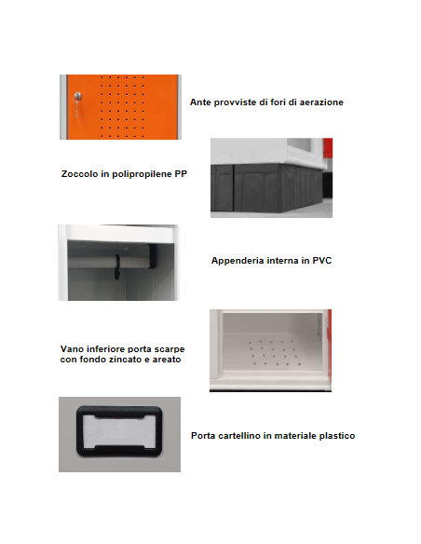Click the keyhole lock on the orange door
click(x=78, y=98)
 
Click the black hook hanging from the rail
click(x=119, y=265)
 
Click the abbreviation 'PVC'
click(x=320, y=261)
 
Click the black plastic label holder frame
click(x=119, y=434)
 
